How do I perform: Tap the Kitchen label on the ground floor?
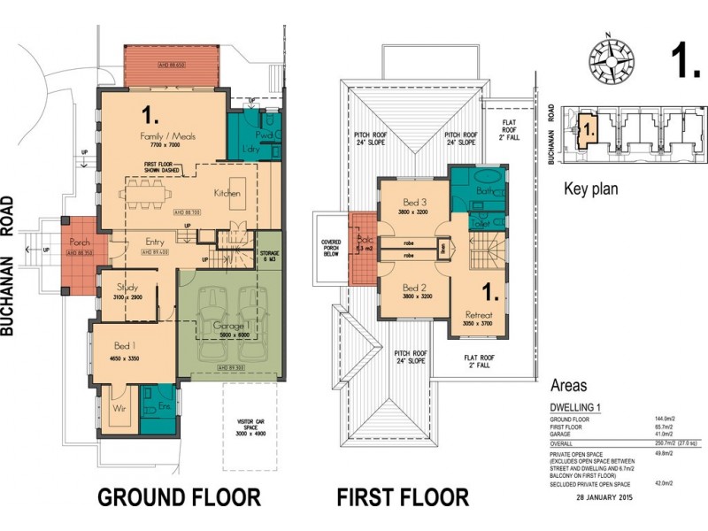click(228, 193)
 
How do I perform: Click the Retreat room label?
click(479, 315)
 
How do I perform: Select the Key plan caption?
click(591, 189)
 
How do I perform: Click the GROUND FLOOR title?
click(178, 497)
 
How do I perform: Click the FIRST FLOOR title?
click(404, 497)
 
